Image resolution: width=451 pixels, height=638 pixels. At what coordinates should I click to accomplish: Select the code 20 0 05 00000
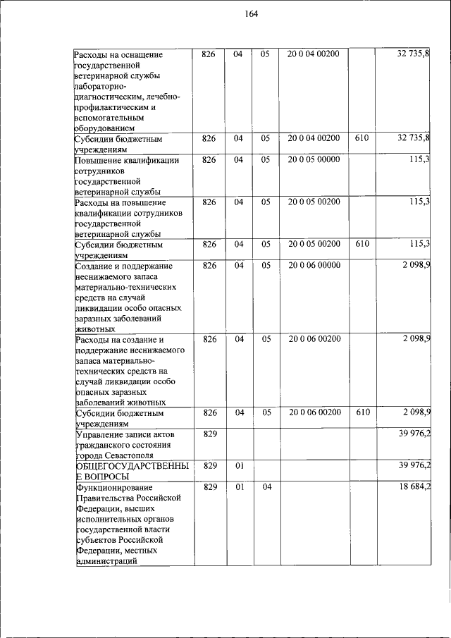[x=314, y=159]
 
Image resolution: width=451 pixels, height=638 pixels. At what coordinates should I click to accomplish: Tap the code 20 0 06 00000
[x=314, y=265]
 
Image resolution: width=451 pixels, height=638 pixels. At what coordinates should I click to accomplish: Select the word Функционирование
[x=109, y=487]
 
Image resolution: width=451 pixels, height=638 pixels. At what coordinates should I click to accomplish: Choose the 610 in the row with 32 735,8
[x=362, y=138]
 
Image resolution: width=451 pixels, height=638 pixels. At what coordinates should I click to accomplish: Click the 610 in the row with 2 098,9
[x=362, y=412]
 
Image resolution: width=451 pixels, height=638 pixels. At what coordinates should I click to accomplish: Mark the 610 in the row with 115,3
[x=362, y=244]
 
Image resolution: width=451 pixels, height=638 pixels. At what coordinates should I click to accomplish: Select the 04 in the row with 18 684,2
[x=266, y=486]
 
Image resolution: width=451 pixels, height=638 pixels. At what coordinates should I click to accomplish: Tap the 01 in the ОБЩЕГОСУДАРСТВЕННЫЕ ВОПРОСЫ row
[x=238, y=465]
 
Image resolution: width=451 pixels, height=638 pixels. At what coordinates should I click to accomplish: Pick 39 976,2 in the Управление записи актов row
[x=414, y=434]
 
